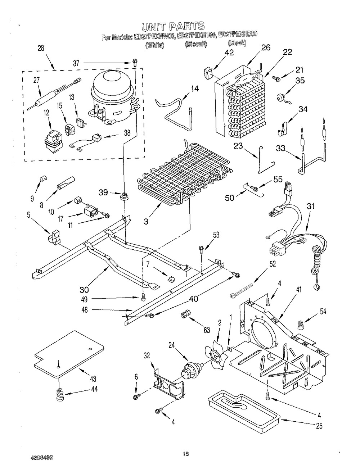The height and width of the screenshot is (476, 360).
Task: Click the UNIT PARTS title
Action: point(173,26)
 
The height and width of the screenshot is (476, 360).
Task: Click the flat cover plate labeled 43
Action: point(68,353)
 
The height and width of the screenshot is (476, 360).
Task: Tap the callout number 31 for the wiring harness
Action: point(310,207)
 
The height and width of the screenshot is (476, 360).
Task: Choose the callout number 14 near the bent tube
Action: point(194,89)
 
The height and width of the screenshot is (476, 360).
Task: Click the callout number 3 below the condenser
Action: point(146,222)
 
